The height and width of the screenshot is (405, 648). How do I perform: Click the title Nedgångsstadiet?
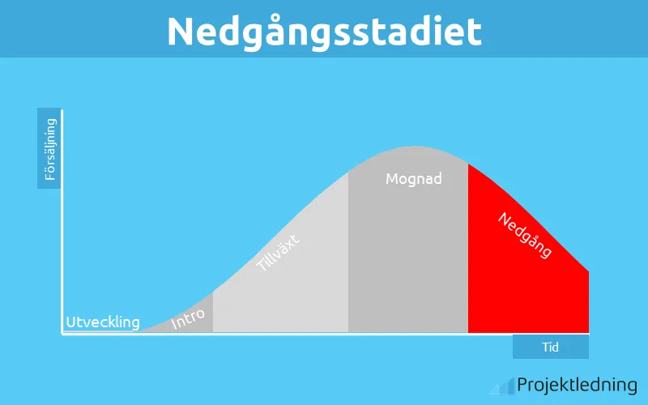(324, 31)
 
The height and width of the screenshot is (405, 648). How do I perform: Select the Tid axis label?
(551, 347)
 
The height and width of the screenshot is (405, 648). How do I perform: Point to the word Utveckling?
(103, 322)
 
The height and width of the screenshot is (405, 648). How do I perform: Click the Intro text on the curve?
(189, 318)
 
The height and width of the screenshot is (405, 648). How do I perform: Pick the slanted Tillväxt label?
(279, 251)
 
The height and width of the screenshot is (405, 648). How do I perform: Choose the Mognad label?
(414, 178)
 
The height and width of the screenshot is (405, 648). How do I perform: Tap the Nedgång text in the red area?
(525, 235)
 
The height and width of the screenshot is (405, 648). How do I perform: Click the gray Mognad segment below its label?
(408, 259)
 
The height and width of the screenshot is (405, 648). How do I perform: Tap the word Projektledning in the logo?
(577, 385)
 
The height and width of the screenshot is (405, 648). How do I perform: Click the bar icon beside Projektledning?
(506, 386)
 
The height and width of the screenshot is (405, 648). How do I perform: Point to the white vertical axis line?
(62, 219)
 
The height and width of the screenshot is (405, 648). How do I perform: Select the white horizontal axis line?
(324, 334)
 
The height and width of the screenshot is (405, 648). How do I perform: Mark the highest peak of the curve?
(407, 148)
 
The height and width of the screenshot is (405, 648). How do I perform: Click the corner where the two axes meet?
(63, 334)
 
